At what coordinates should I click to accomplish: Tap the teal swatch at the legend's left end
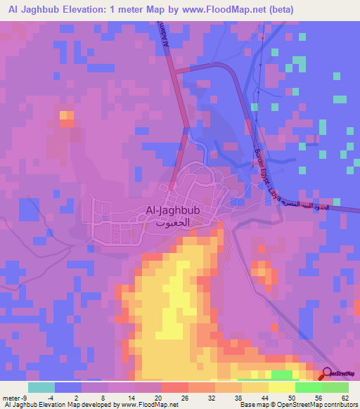point(41,387)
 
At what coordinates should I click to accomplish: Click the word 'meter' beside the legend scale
point(10,397)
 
